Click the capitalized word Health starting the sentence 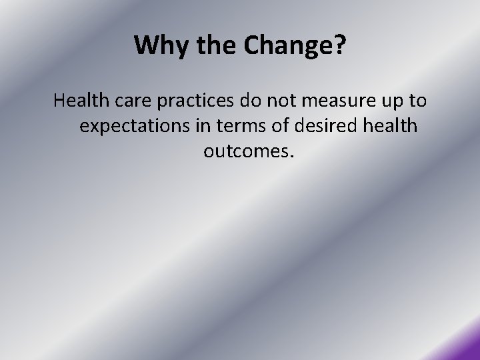pos(82,101)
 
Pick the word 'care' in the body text pos(134,101)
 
